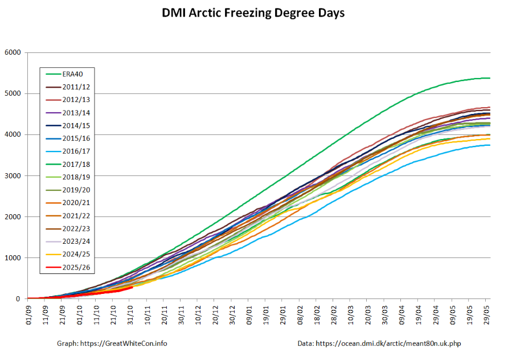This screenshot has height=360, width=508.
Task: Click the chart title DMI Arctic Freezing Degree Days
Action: [x=253, y=13]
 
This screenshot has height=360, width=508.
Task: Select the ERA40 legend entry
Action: [x=71, y=74]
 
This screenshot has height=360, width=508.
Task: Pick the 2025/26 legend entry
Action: [x=76, y=267]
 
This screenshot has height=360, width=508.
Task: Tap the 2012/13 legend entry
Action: [x=76, y=100]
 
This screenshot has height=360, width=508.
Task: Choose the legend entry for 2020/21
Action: [x=76, y=215]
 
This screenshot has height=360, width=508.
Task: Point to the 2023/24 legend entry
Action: [x=76, y=253]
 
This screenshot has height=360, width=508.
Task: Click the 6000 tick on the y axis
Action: [x=13, y=53]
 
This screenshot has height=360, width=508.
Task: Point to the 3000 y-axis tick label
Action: [x=13, y=176]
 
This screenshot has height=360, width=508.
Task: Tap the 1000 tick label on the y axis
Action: [x=13, y=258]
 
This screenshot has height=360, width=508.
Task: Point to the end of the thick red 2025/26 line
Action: [x=132, y=287]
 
